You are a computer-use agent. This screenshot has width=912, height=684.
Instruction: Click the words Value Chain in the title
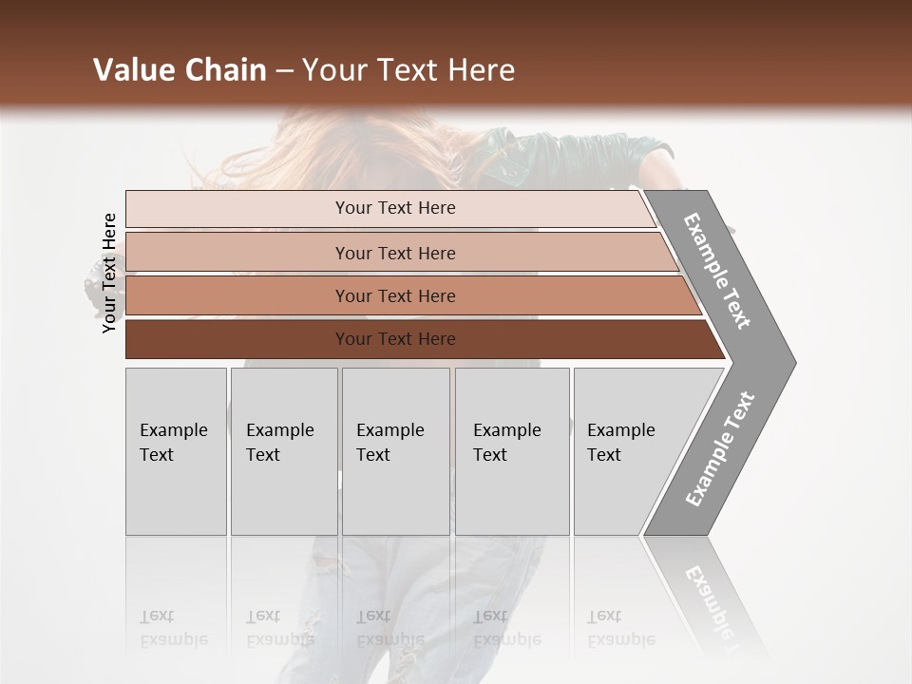[180, 70]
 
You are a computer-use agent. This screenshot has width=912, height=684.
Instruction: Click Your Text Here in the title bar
[408, 70]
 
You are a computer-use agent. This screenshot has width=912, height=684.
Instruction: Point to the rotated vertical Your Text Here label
[109, 274]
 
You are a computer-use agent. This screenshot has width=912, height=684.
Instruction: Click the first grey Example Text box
[176, 451]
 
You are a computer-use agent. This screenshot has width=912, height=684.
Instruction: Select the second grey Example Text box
[283, 451]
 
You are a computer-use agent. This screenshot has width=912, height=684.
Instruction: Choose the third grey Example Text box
[395, 451]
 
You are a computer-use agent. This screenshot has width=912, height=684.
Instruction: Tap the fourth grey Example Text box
[511, 451]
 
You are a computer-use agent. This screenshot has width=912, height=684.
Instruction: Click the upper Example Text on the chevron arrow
[717, 271]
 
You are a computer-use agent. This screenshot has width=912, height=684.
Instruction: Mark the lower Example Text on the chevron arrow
[719, 448]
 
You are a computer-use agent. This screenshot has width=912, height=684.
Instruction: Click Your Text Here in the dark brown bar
[395, 339]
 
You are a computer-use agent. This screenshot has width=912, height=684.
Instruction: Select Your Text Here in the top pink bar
[395, 208]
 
